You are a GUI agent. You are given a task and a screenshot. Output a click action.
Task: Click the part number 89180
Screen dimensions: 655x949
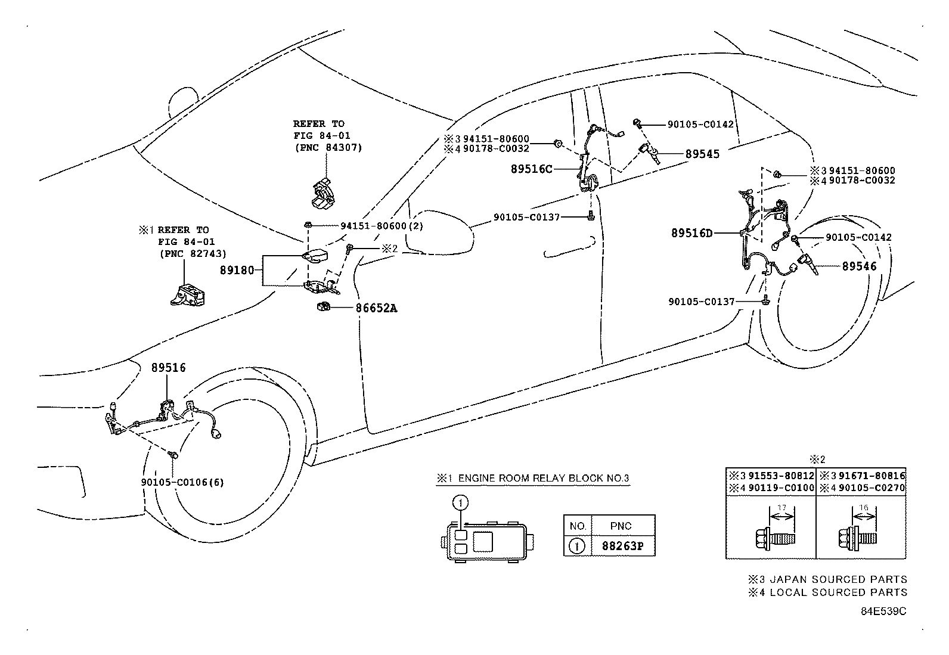(x=240, y=270)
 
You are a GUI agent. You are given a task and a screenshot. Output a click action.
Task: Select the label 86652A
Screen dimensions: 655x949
(x=376, y=308)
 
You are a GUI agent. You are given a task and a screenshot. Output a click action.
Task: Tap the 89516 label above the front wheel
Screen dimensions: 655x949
(x=168, y=368)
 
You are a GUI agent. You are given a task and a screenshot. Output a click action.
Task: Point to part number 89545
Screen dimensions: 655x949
(x=702, y=154)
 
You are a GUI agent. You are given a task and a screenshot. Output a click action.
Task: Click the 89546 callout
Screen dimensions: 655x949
(x=859, y=266)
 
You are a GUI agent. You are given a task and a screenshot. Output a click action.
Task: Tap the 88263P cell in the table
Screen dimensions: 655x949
(x=620, y=546)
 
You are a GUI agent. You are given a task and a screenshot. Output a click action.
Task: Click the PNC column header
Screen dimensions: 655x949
(x=621, y=526)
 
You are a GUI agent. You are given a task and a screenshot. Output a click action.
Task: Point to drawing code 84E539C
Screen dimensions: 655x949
(x=883, y=611)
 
